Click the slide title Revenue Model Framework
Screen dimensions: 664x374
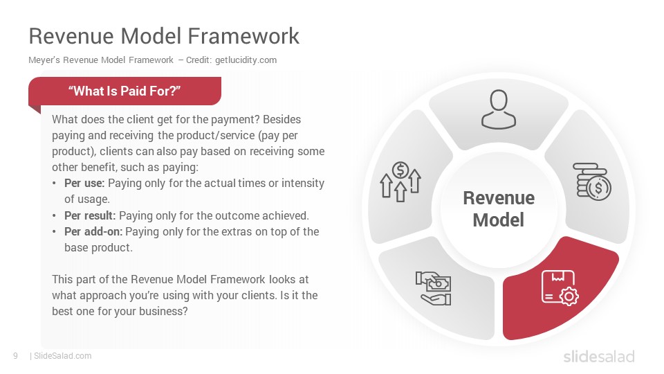pos(164,35)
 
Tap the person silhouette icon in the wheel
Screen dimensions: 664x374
pos(499,109)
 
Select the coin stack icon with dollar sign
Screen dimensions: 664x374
pos(592,182)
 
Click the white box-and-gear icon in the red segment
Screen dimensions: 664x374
pos(560,288)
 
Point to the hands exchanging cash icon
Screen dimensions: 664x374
pos(433,288)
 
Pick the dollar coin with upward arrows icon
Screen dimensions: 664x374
pos(400,181)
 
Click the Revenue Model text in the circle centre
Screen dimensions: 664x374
pos(499,208)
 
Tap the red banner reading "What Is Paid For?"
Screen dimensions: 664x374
pos(125,91)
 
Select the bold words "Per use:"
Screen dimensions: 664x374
pos(84,183)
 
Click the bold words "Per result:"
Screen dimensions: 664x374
pos(90,215)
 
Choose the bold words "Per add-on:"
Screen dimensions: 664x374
pos(93,231)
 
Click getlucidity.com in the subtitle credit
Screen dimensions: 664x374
pos(246,60)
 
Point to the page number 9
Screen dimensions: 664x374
pos(16,356)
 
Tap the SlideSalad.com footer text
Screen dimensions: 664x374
pos(63,356)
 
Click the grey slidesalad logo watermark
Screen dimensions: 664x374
pos(599,356)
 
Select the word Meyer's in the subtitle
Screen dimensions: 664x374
pos(44,60)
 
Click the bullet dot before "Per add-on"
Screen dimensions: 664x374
pos(54,232)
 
